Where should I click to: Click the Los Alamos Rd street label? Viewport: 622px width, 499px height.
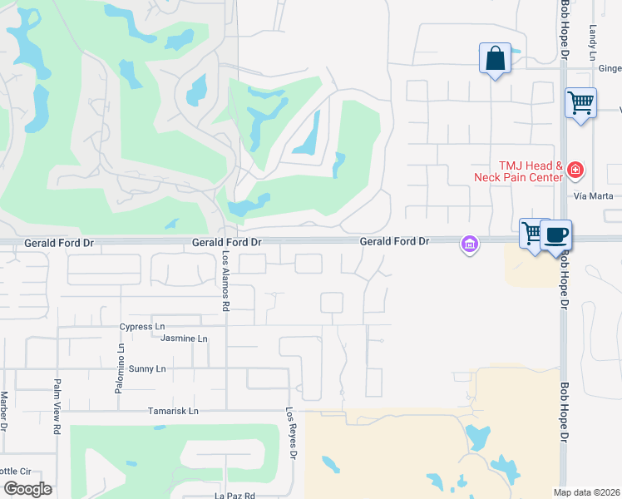point(225,281)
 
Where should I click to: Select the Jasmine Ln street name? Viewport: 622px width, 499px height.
point(184,338)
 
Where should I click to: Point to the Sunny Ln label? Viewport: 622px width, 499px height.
point(147,368)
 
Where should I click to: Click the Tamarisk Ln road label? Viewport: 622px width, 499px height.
point(173,411)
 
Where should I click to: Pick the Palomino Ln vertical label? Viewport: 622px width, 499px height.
point(120,368)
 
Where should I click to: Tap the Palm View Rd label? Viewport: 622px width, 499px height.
point(57,407)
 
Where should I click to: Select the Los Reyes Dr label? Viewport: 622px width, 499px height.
point(291,432)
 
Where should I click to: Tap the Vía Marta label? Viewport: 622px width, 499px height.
point(594,196)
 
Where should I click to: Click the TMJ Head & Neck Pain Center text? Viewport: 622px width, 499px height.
point(519,172)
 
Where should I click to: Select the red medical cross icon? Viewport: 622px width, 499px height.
point(575,171)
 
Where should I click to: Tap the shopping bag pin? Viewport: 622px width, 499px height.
point(495,59)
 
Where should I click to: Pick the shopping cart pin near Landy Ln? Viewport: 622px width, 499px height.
point(580,104)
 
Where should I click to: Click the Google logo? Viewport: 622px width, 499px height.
point(27,489)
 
